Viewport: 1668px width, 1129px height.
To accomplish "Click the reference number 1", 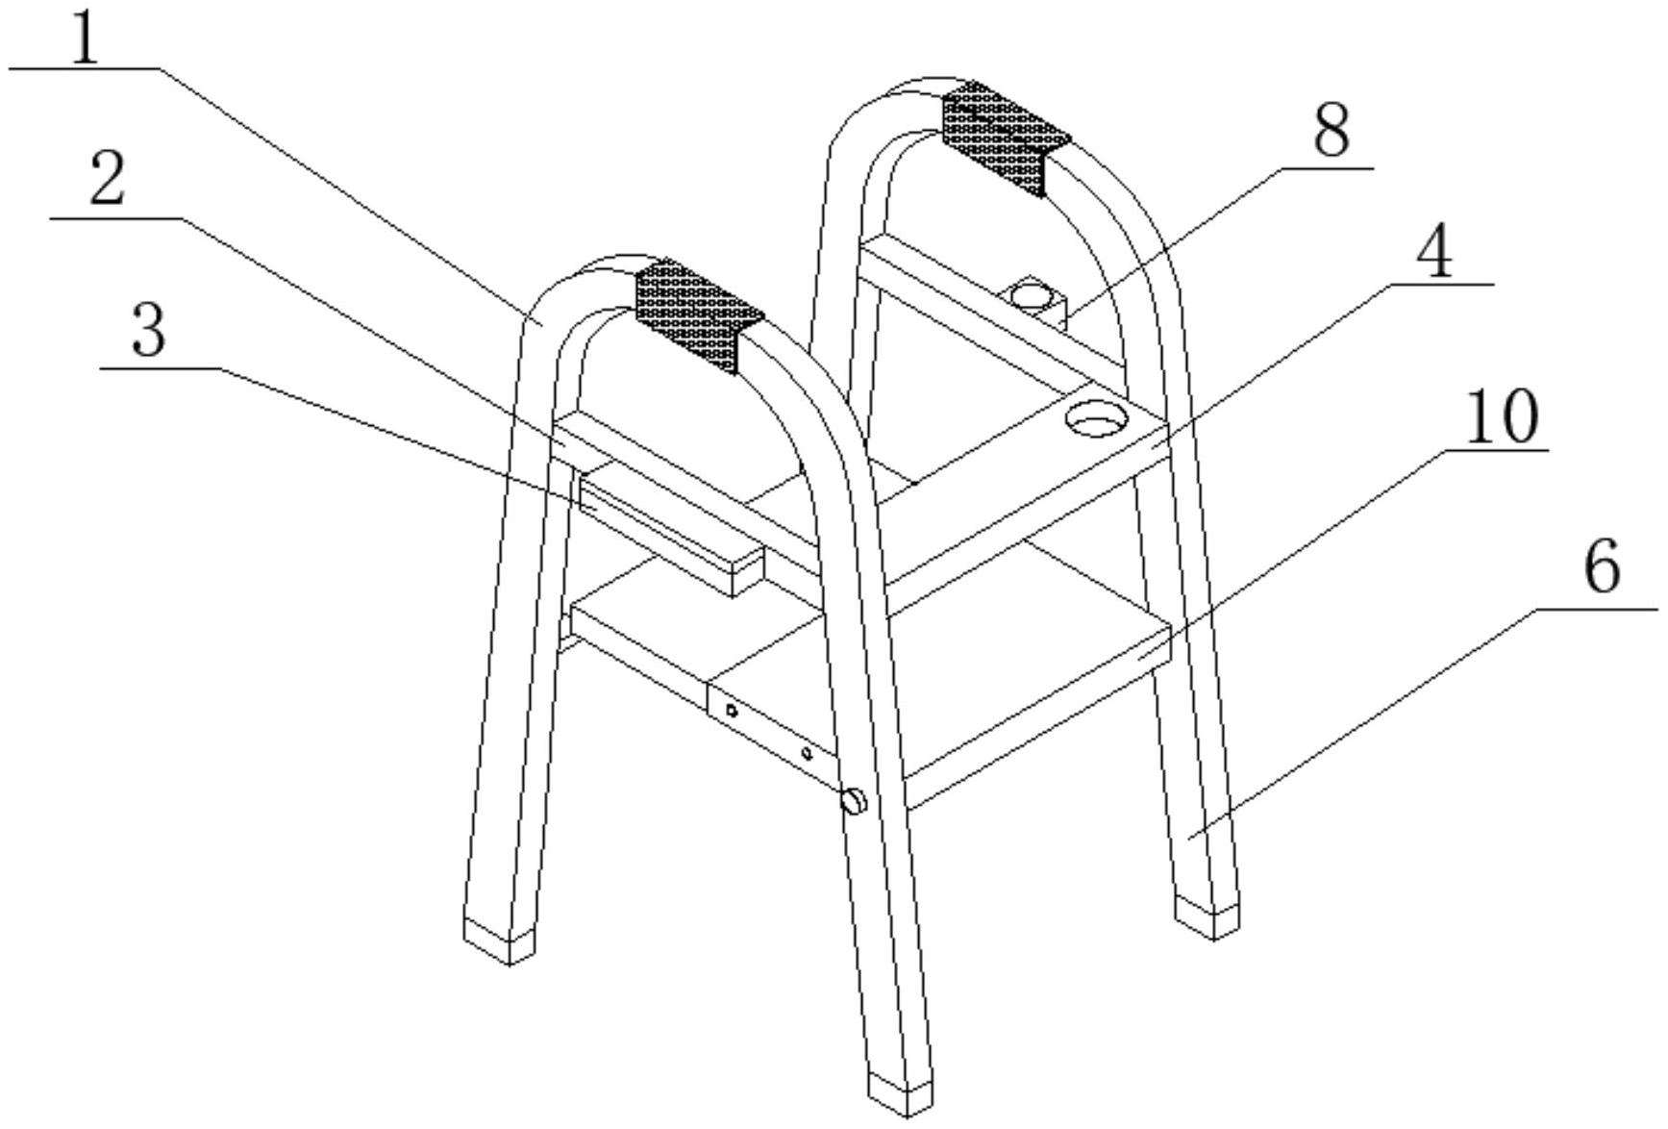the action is coord(86,37).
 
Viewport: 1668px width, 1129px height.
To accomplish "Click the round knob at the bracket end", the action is coord(854,800).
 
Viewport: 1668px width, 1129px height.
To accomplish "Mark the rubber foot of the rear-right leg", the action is coord(1207,916).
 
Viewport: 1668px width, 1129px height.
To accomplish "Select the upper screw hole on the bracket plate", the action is coord(732,711).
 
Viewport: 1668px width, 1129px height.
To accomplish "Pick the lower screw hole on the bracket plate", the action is coord(807,753).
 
